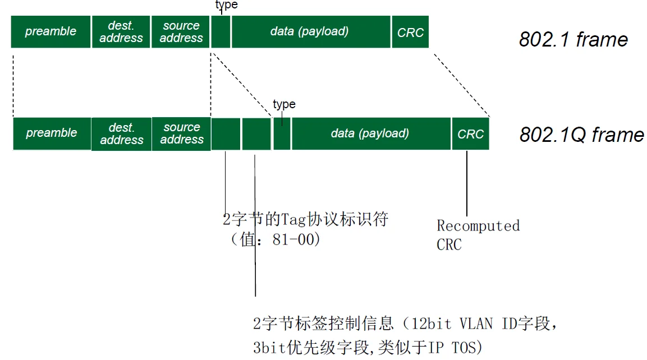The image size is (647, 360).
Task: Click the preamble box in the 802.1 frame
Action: click(x=51, y=32)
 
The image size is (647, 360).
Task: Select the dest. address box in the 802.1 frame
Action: click(x=121, y=32)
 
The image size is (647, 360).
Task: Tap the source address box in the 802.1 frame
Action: click(x=181, y=32)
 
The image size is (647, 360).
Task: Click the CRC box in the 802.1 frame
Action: click(x=410, y=32)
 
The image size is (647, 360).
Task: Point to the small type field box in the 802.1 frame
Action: click(x=221, y=32)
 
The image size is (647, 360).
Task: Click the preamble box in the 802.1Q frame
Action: click(x=52, y=134)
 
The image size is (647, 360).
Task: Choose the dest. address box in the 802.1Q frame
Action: click(x=121, y=134)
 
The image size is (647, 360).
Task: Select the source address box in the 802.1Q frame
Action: click(x=181, y=134)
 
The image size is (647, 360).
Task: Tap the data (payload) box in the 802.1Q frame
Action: click(x=370, y=134)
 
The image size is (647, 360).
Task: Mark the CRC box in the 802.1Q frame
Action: click(x=470, y=134)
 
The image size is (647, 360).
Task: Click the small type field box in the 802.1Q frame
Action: click(x=282, y=134)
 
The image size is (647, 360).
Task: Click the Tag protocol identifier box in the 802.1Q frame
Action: click(x=226, y=134)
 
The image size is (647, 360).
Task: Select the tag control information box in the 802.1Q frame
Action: click(x=256, y=134)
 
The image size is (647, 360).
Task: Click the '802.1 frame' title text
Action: click(x=573, y=40)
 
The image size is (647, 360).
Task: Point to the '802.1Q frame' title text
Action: click(x=581, y=135)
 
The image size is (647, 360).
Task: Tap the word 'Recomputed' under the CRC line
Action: click(x=478, y=226)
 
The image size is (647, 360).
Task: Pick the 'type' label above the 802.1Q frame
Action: click(x=284, y=104)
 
